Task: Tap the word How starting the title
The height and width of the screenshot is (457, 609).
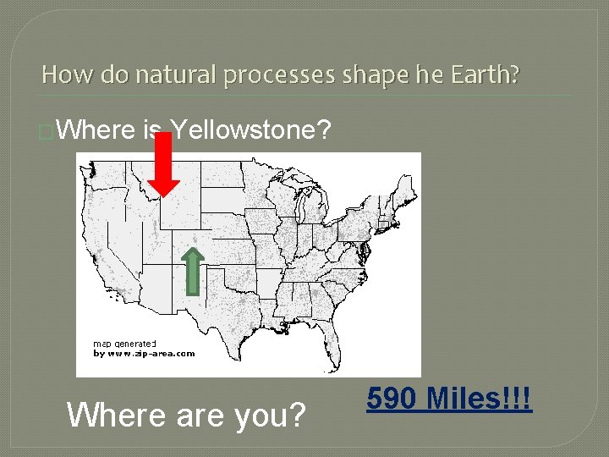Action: tap(61, 74)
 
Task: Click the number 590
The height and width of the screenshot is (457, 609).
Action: tap(394, 398)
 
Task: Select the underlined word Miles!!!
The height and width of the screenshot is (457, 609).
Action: tap(480, 398)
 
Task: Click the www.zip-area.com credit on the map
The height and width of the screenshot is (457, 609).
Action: tap(144, 354)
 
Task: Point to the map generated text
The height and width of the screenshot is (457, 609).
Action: tap(124, 344)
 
